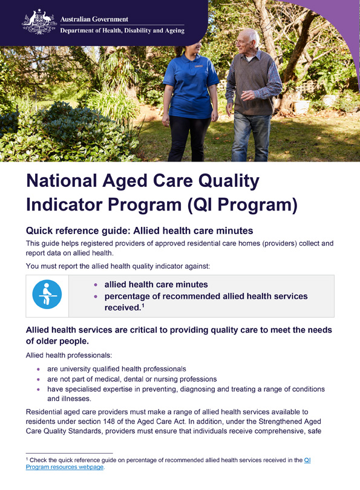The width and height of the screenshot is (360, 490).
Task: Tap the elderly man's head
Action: click(247, 42)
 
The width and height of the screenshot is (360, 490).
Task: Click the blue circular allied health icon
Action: click(47, 295)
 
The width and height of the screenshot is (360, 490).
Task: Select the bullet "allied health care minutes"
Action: click(156, 284)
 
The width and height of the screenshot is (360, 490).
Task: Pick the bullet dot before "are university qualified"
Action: click(39, 368)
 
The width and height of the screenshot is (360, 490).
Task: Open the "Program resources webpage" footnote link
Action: click(65, 467)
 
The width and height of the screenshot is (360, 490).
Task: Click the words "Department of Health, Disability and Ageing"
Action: click(122, 31)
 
